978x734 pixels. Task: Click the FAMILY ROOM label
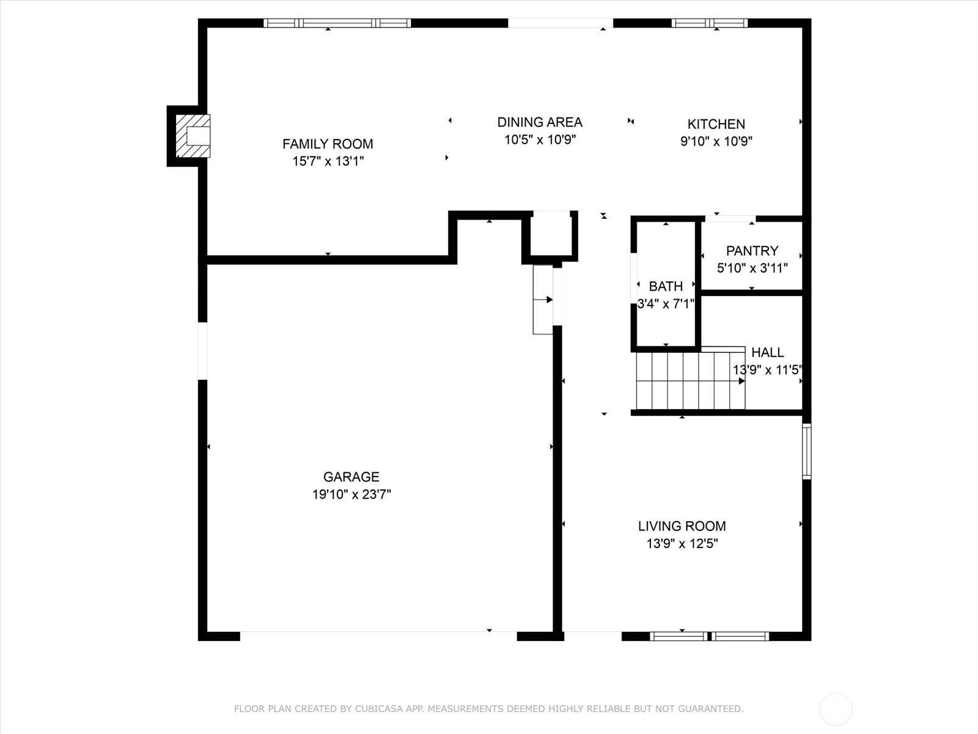[328, 144]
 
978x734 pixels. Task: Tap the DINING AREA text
[540, 122]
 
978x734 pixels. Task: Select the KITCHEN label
[716, 124]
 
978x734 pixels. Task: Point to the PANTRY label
[752, 251]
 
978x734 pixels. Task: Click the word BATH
[666, 286]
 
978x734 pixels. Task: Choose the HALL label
[767, 352]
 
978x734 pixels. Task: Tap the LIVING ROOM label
[682, 526]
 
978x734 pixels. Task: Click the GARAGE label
[351, 477]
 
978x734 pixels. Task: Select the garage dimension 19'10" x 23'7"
[351, 494]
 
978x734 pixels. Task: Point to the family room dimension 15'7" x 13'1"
[328, 161]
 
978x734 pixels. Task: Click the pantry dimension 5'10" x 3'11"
[752, 268]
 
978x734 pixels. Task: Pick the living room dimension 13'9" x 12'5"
[682, 544]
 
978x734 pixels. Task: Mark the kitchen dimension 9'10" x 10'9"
[716, 141]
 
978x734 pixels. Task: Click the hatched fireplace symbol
[193, 136]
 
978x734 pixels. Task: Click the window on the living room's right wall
[807, 451]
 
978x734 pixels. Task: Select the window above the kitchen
[709, 23]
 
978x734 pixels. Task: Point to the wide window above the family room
[337, 23]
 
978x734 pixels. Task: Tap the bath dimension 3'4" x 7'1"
[666, 304]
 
